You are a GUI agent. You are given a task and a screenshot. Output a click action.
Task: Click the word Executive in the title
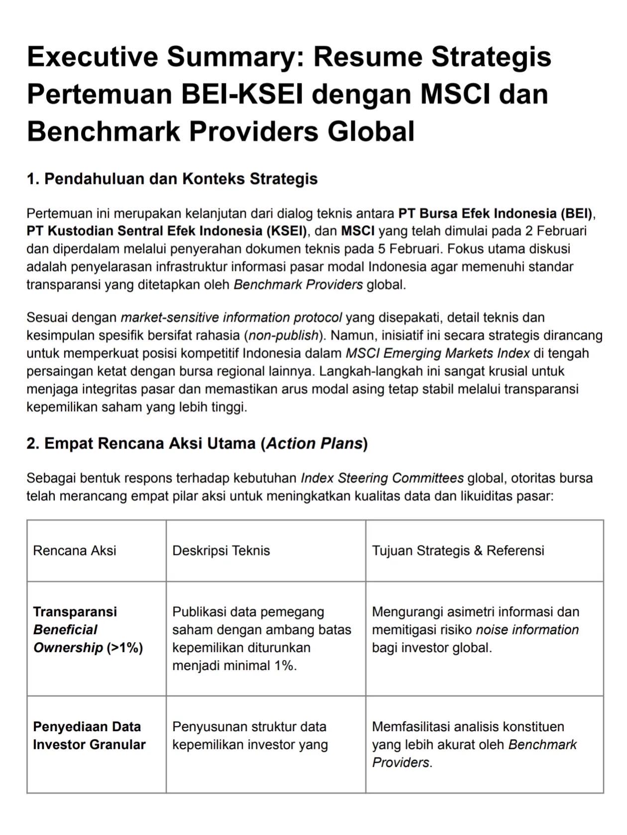pos(93,56)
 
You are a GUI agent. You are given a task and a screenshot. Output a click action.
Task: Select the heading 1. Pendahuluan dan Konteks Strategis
pos(172,179)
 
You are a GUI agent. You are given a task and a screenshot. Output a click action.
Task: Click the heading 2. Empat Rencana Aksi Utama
pos(197,443)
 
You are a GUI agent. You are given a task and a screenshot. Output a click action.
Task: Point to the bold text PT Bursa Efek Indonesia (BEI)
pos(495,214)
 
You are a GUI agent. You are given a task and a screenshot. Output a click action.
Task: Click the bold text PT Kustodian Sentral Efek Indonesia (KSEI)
pos(167,232)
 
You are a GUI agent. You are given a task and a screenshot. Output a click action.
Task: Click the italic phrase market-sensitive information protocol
pos(231,318)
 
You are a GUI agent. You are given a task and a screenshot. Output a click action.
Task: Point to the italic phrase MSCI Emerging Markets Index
pos(437,353)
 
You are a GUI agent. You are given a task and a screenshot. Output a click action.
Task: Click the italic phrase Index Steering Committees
pos(382,479)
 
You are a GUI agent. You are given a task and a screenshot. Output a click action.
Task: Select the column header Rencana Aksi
pos(75,551)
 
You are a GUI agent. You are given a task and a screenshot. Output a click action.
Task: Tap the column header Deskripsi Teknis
pos(221,551)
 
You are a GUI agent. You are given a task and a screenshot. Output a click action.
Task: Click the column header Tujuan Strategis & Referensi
pos(458,551)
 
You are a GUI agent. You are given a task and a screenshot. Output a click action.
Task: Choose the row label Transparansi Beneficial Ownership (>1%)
pos(88,630)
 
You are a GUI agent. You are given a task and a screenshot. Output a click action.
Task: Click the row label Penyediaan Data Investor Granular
pos(89,736)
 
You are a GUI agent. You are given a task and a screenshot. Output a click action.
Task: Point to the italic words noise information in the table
pos(527,630)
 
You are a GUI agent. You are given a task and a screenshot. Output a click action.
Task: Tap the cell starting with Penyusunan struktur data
pos(250,736)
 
